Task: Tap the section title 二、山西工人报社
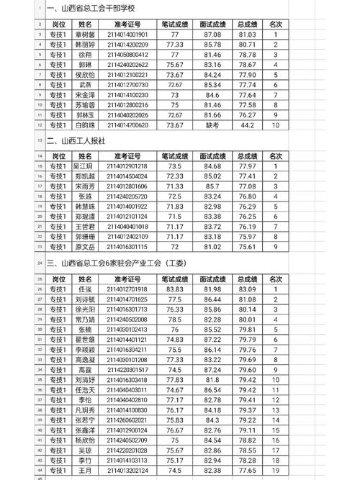[x=76, y=142]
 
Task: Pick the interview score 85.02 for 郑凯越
[x=212, y=176]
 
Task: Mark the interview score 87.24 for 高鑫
[x=212, y=369]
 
